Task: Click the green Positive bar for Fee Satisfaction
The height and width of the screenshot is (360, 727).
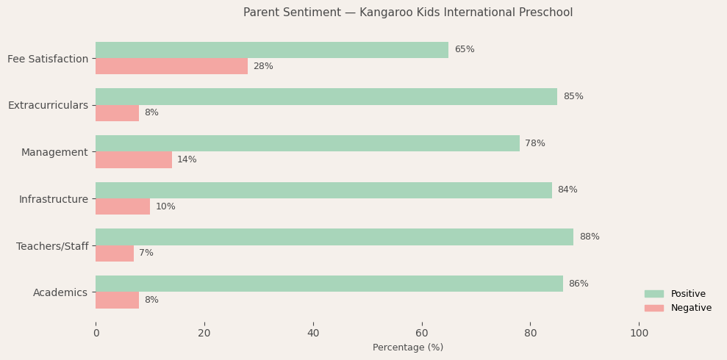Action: coord(272,50)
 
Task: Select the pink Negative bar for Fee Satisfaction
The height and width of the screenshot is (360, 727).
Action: coord(171,66)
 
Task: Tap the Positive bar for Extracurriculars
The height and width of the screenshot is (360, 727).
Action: coord(326,96)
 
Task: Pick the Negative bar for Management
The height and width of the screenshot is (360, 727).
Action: coord(134,159)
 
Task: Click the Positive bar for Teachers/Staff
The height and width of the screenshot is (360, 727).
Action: coord(334,237)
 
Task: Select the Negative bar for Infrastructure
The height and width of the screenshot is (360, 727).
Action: coord(123,206)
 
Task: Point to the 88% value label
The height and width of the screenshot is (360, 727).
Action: coord(589,237)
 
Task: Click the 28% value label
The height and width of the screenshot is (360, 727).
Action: coord(263,66)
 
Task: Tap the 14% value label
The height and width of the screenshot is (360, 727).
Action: coord(187,159)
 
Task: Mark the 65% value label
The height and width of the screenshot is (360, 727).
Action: coord(464,50)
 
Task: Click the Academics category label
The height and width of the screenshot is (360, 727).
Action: coord(60,292)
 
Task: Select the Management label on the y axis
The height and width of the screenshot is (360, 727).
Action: coord(54,152)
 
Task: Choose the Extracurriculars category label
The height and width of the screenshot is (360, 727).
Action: coord(48,105)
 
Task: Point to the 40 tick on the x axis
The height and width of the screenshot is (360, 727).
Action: coord(313,334)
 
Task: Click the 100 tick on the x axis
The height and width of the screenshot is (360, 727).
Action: coord(640,334)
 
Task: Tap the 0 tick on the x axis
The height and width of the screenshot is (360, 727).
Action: coord(96,334)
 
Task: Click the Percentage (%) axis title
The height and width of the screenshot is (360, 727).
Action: coord(408,348)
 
